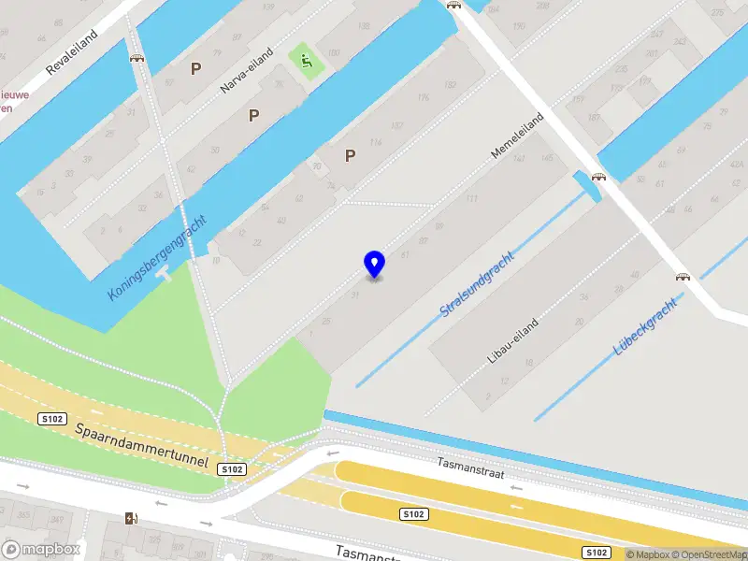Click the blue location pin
(374, 264)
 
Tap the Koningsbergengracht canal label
(157, 259)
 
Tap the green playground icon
(305, 62)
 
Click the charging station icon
(130, 518)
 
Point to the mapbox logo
(40, 549)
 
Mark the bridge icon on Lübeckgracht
(683, 277)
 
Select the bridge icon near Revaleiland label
(137, 58)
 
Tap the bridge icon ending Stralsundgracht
(598, 177)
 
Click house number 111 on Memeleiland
(472, 199)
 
